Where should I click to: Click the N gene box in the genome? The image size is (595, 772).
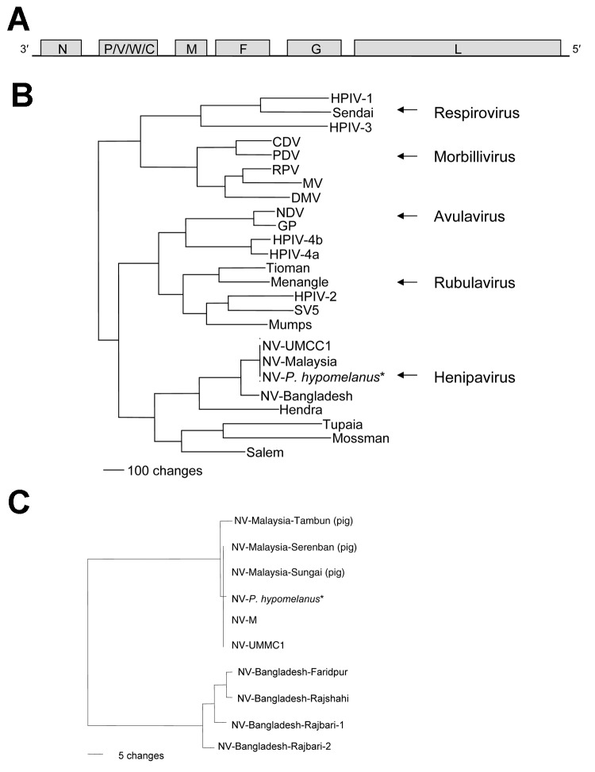pos(62,48)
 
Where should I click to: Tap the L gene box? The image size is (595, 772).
pos(457,48)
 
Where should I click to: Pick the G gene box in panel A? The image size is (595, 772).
pos(315,48)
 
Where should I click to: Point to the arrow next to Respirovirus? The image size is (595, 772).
pos(407,113)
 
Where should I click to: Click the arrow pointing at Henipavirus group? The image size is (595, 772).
pos(407,376)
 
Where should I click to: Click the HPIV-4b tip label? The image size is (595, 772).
pos(297,239)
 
